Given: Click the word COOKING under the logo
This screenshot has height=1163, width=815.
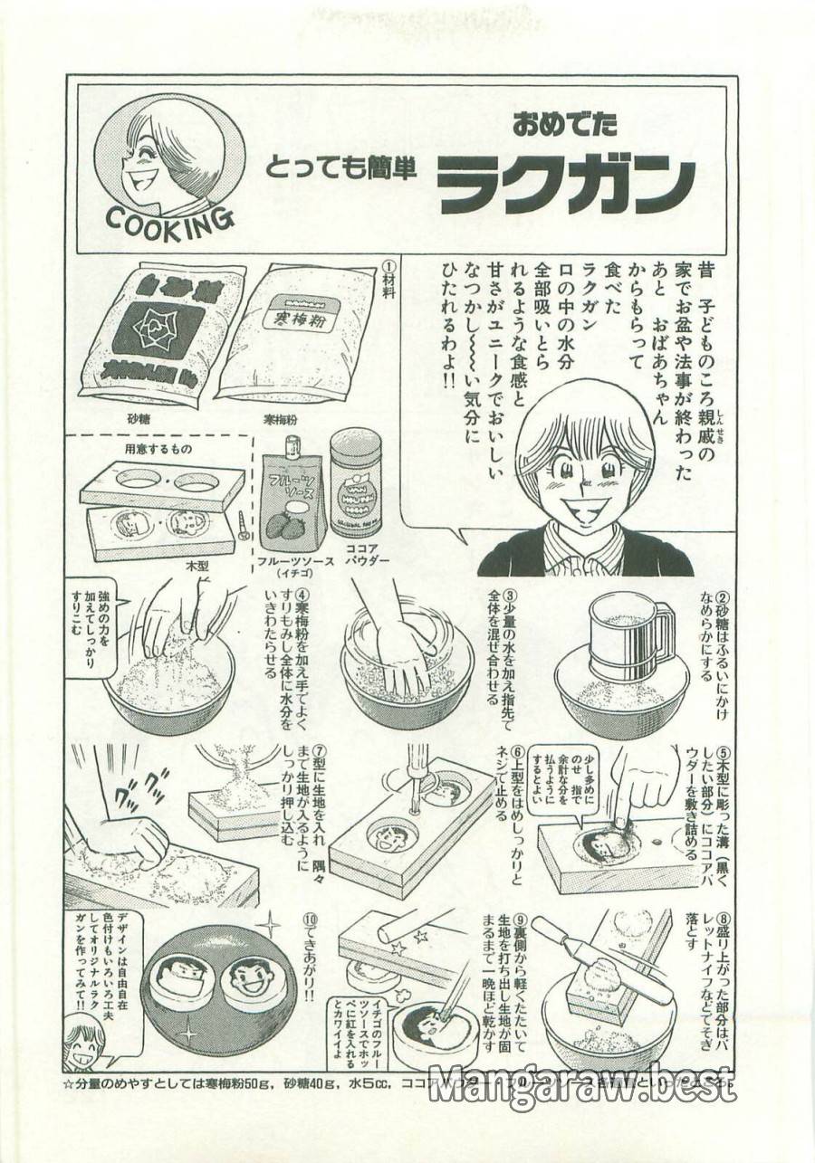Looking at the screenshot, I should [x=169, y=215].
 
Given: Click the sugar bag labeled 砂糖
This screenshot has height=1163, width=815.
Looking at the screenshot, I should [x=160, y=333].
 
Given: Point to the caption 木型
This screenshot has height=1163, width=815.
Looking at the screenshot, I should [x=197, y=565].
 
